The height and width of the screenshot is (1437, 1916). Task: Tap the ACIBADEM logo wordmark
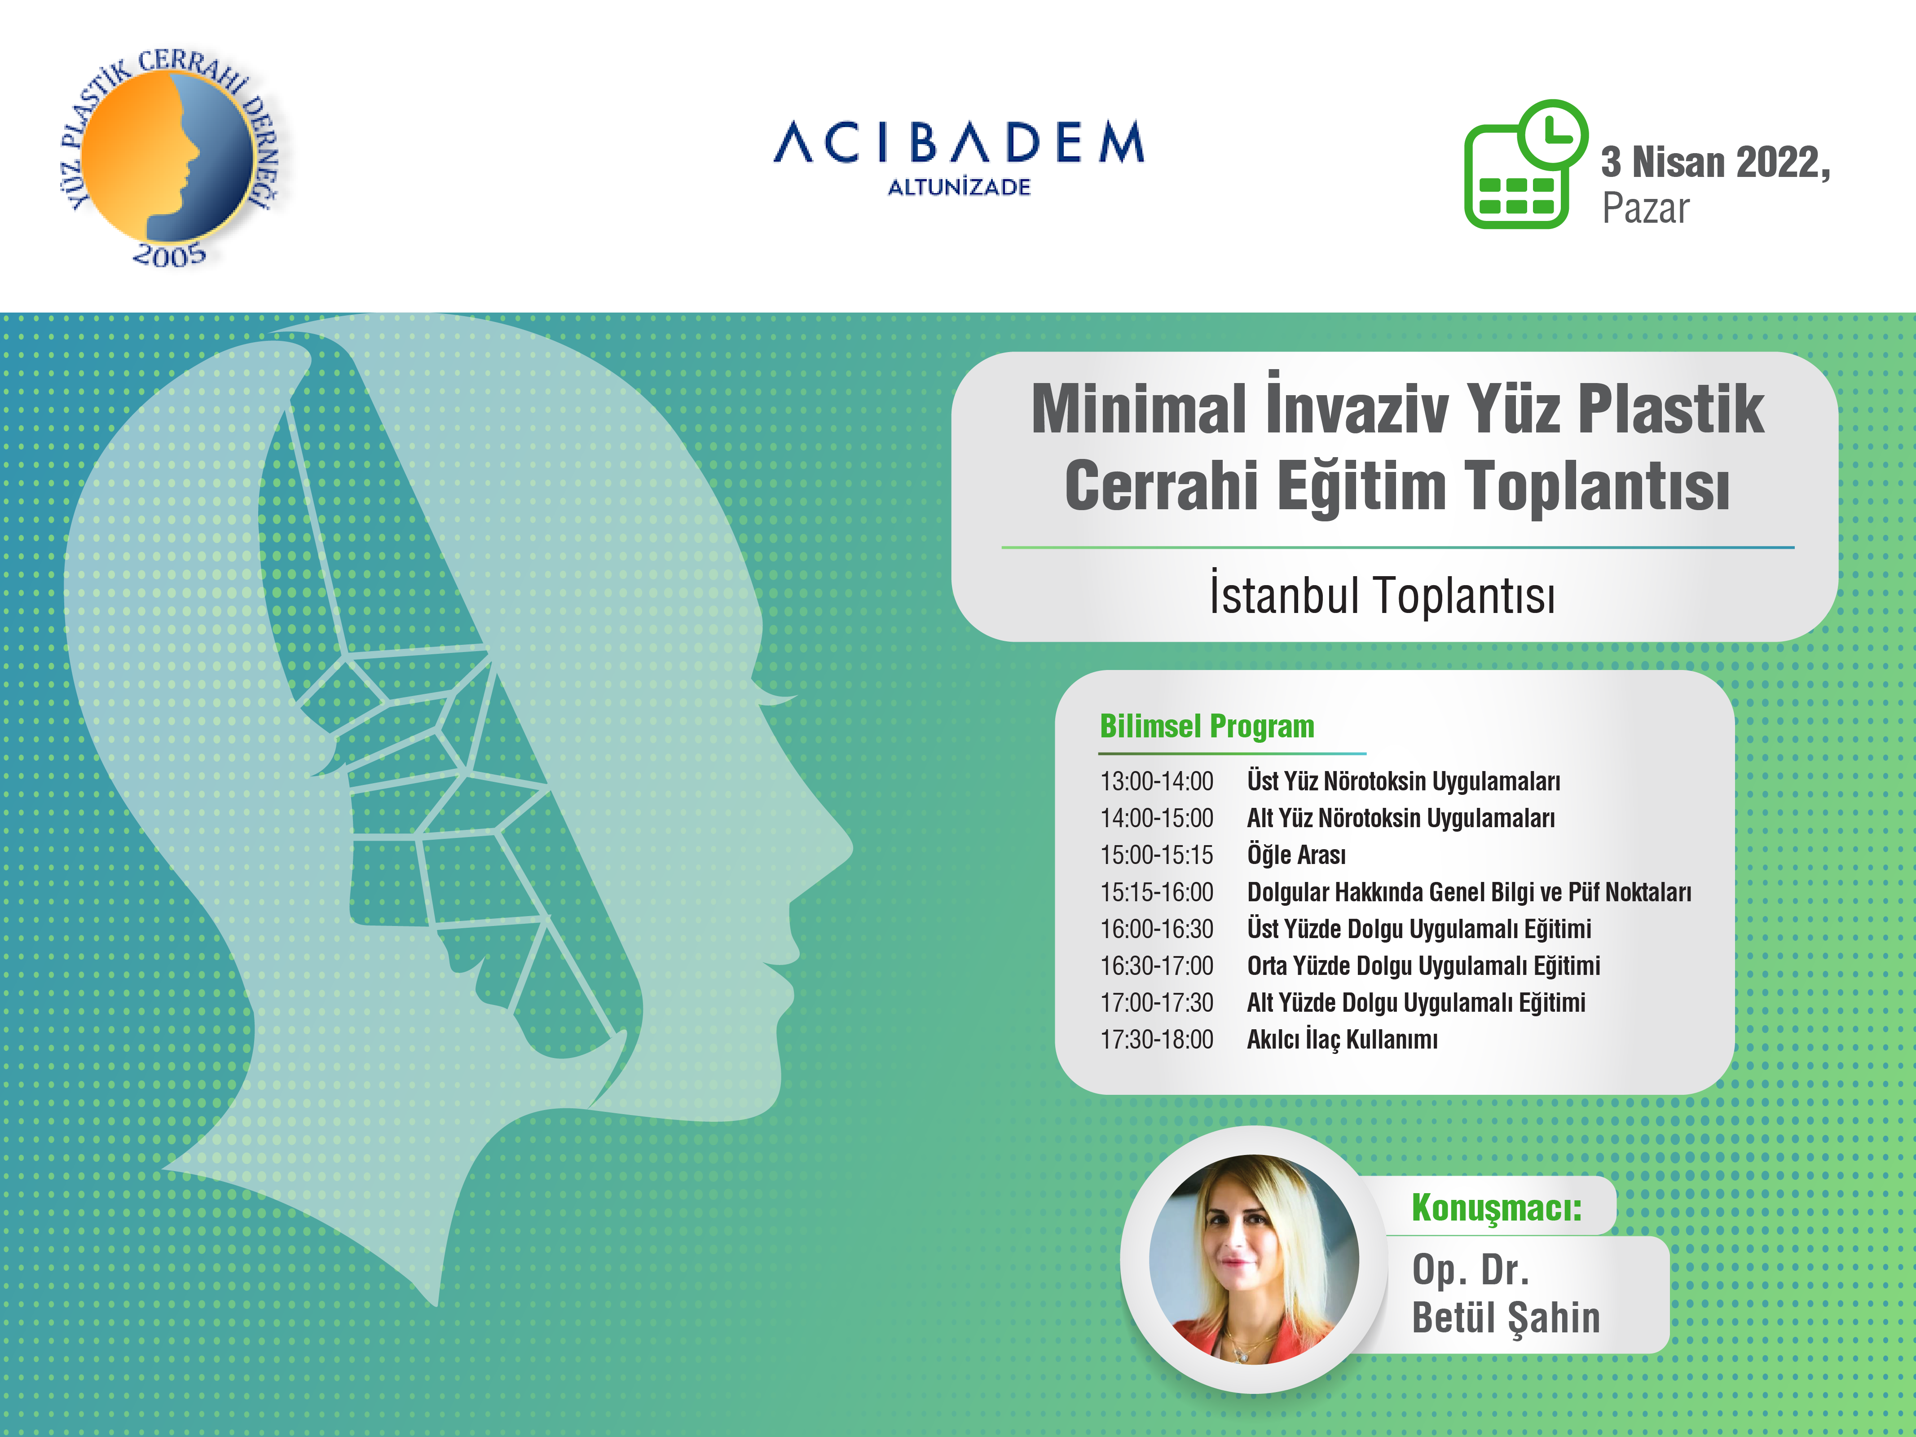959,143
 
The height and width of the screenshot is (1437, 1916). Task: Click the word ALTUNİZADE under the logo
959,187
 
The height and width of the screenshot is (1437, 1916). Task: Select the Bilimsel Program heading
1207,726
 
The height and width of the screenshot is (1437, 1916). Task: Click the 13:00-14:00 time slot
1156,781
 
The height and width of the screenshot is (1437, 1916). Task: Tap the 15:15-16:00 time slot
1156,892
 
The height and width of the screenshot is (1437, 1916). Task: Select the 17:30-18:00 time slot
1156,1040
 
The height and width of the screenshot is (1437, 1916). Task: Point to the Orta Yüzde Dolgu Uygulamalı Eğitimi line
1423,966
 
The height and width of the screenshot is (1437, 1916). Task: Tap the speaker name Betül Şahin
1506,1318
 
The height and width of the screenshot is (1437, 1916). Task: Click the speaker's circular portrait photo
1253,1260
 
